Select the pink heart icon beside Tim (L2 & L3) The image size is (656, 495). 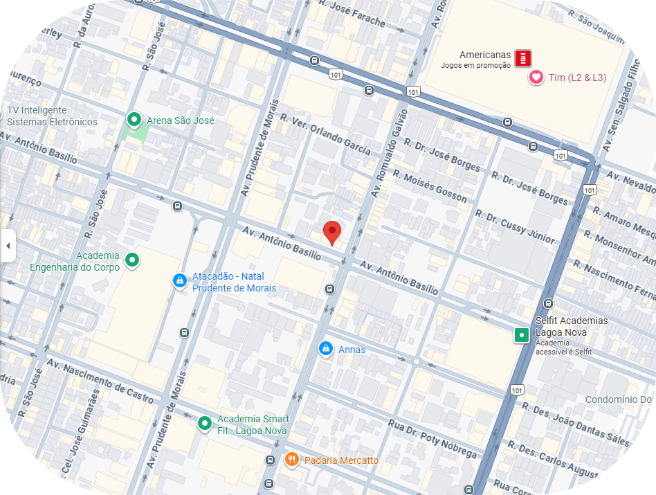[536, 78]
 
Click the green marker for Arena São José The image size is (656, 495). [134, 120]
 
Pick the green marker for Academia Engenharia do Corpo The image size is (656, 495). [131, 261]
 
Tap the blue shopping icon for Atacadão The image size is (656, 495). [179, 280]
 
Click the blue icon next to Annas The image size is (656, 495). [325, 350]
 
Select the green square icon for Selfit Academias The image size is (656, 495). [521, 336]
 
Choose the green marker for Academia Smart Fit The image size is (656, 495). [205, 423]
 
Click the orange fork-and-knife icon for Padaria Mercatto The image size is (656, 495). [292, 460]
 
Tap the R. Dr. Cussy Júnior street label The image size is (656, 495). [519, 226]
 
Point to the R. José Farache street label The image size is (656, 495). [352, 13]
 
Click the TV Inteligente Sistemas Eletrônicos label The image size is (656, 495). [52, 116]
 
